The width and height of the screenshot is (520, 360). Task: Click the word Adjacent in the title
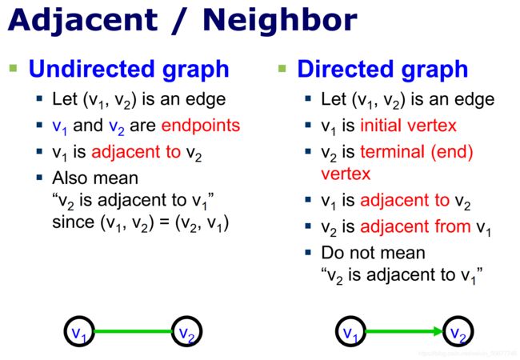coord(82,21)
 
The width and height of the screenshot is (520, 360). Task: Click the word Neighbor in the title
coord(279,19)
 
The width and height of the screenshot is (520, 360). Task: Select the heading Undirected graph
coord(129,70)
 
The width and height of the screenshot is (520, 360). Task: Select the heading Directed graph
coord(382,70)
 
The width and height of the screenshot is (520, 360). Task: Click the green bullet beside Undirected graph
coord(14,68)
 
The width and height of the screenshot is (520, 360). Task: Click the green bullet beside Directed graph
coord(282,68)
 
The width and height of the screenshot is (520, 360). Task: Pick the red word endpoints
coord(201,126)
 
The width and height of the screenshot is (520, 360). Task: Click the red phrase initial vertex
coord(408,126)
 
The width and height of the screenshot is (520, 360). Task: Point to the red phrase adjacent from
coord(415,226)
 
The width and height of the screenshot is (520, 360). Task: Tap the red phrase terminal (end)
coord(417,153)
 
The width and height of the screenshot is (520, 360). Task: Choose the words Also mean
coord(95,178)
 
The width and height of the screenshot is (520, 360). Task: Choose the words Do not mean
coord(373,253)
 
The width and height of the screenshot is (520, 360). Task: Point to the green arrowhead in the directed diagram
coord(438,331)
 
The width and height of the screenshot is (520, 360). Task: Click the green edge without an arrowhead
coord(133,331)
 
